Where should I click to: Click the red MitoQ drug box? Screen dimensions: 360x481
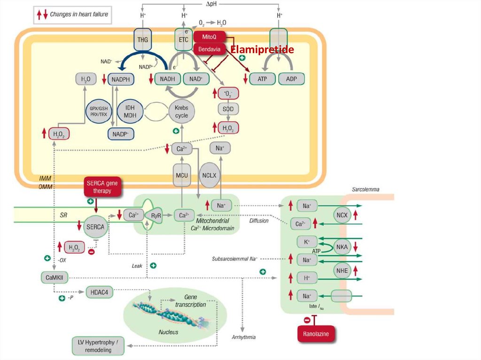point(209,37)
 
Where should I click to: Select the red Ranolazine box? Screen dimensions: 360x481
point(316,334)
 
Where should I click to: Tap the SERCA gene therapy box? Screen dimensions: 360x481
point(102,187)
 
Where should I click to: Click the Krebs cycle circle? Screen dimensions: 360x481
point(182,112)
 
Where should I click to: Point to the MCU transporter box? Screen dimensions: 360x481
point(182,175)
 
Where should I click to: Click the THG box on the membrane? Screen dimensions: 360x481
point(143,40)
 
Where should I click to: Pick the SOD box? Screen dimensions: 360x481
point(228,109)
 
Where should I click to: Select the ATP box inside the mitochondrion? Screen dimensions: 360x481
point(262,79)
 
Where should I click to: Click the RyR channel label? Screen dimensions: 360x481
point(156,215)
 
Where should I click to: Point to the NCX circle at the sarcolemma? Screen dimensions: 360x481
point(341,215)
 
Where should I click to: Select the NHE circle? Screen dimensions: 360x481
point(341,270)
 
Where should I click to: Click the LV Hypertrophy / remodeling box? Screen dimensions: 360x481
point(98,346)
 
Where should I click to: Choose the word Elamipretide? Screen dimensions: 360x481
point(262,50)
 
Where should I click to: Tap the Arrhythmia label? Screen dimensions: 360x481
point(244,337)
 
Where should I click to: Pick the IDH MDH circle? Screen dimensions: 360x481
point(130,112)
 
